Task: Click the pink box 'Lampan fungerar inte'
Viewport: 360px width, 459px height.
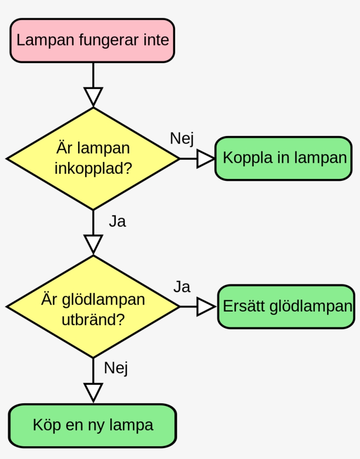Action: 92,40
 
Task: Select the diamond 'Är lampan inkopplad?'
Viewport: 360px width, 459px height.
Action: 93,158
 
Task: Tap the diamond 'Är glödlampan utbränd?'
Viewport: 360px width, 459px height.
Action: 93,306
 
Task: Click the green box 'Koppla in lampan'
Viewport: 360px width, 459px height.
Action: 283,158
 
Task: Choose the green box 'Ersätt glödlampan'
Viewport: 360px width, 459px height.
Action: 286,306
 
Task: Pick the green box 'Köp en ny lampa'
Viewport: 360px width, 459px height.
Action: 92,425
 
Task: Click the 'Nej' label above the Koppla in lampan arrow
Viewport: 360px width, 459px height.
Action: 182,138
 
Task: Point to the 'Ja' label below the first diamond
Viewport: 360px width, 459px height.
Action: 117,222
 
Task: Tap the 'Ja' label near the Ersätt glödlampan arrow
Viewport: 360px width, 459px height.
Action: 181,287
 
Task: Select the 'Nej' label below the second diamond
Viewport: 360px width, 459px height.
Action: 116,368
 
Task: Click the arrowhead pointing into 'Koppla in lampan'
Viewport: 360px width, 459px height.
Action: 205,158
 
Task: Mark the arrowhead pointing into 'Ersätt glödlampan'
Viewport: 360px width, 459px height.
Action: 205,306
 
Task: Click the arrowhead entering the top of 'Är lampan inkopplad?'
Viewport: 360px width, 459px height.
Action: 93,96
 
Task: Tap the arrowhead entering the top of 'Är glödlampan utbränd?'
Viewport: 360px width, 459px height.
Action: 93,244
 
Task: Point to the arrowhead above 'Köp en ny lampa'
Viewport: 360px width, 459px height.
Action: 93,391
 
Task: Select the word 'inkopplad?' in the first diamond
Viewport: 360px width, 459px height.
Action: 93,168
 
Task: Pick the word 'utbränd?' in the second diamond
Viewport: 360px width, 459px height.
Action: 93,319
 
